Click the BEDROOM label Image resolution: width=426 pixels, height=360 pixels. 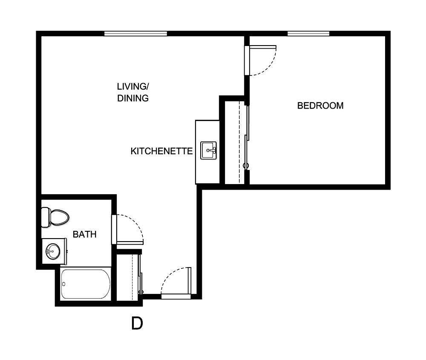pos(320,106)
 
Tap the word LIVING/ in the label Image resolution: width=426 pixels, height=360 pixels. pos(133,86)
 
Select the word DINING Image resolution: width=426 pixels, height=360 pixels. pos(133,98)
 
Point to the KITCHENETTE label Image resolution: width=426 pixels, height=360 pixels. pos(161,151)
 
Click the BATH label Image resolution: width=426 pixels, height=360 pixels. pos(84,234)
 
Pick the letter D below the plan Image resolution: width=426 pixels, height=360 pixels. pos(137,324)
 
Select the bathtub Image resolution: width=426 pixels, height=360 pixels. pos(86,284)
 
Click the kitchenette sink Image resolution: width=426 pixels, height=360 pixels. pos(209,150)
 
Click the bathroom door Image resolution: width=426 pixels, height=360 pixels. pos(114,229)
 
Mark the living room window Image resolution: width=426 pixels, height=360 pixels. pos(135,34)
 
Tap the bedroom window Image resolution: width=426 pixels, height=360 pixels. pos(308,34)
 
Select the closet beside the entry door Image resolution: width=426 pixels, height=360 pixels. pos(129,276)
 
